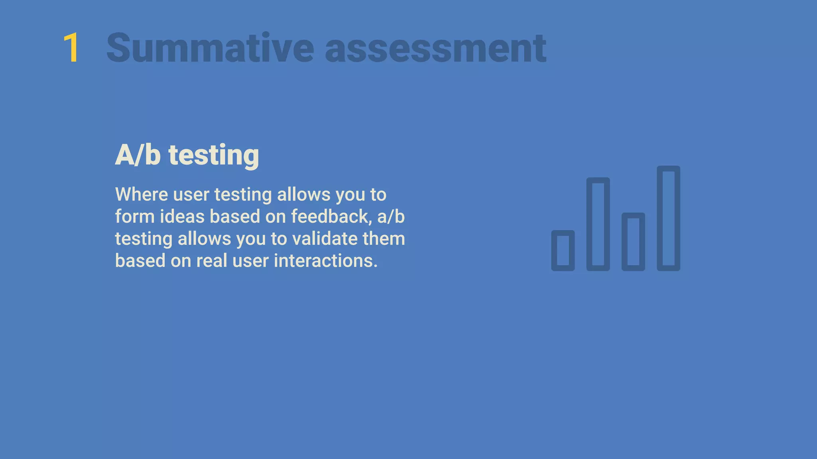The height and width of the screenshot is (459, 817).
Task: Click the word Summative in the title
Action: (210, 48)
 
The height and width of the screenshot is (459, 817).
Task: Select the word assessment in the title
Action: (435, 48)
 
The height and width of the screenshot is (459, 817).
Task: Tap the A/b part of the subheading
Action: (138, 155)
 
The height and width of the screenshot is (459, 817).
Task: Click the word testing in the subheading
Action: (214, 155)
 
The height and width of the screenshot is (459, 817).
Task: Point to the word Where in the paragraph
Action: (141, 195)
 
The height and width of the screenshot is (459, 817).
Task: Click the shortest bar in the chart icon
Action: (563, 251)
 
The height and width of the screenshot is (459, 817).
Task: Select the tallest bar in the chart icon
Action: (668, 218)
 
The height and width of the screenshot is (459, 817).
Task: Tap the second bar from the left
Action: (598, 224)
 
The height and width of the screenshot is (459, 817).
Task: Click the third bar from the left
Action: (633, 242)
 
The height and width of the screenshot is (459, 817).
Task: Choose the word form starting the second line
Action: (135, 217)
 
